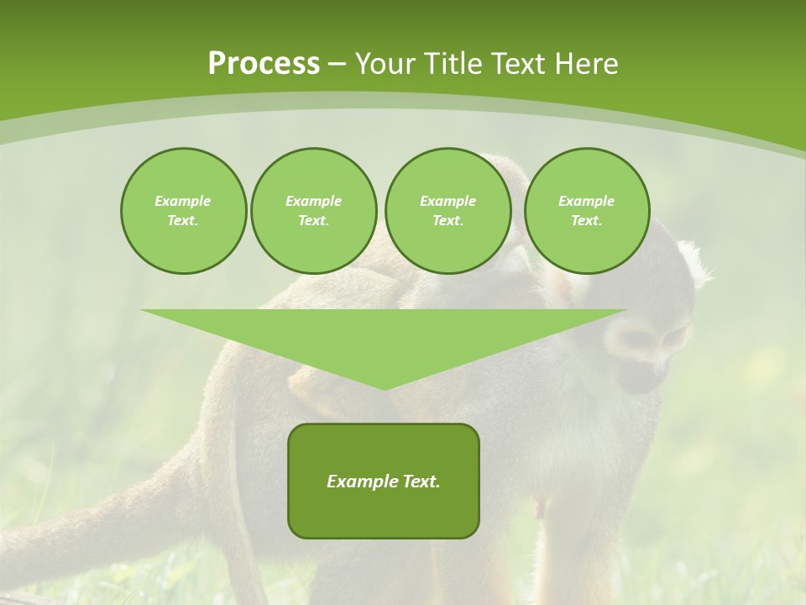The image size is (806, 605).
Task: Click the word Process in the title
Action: coord(264,64)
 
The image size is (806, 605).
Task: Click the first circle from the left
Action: coord(183,211)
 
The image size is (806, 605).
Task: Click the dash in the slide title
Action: coord(337,64)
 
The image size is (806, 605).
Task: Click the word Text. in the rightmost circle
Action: coord(587,221)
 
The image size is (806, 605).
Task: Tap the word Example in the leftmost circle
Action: coord(183,201)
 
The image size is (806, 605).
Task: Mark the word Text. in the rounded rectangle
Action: coord(420,481)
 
